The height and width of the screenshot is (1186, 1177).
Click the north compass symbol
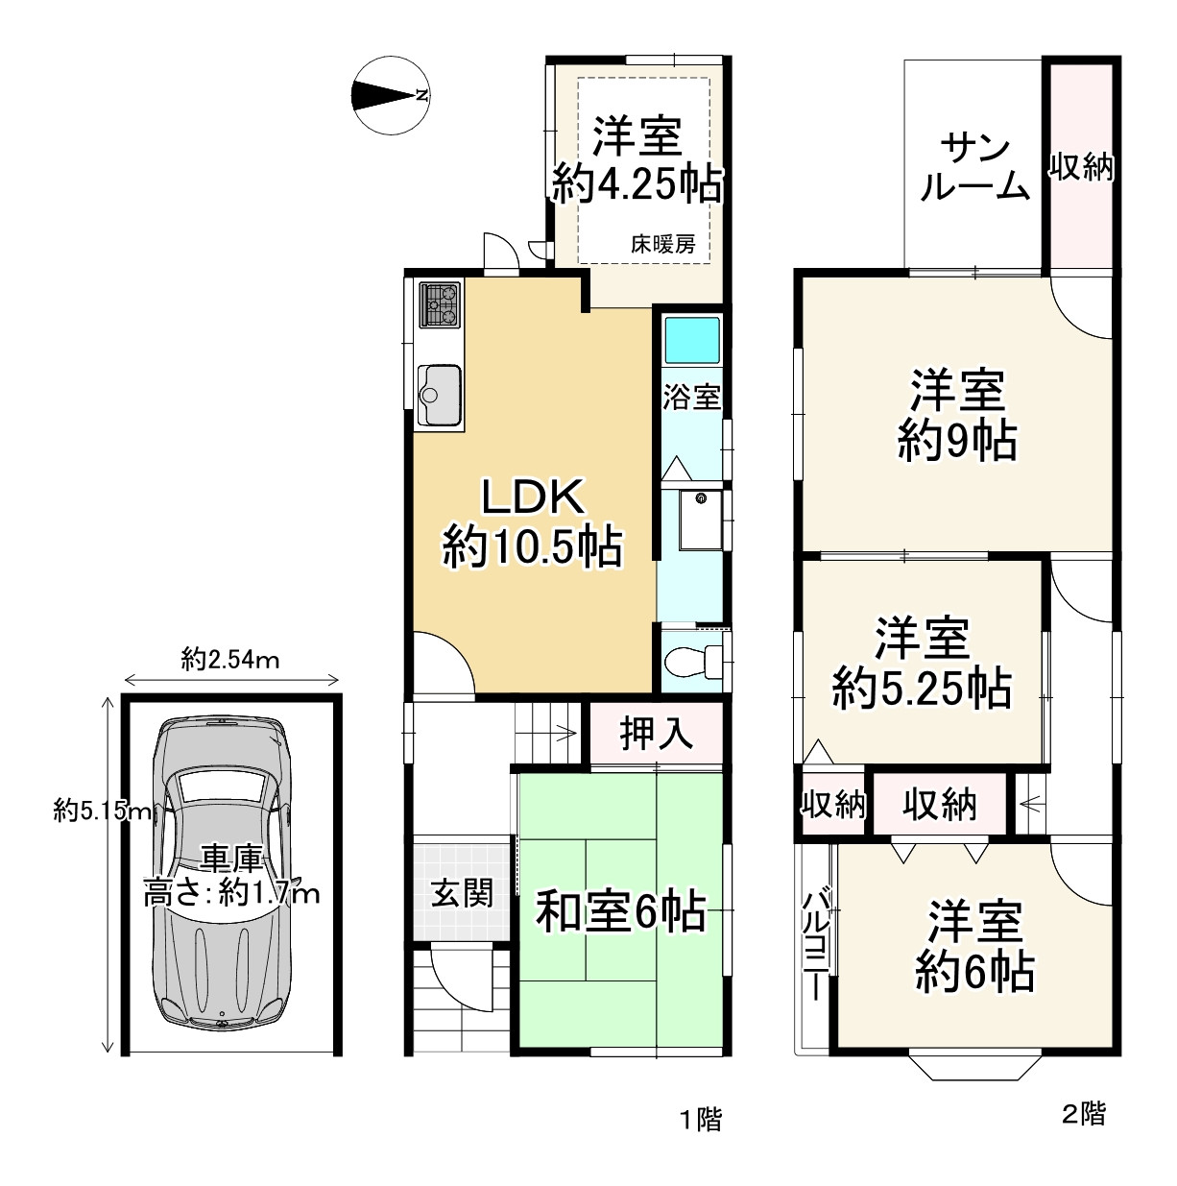pos(391,95)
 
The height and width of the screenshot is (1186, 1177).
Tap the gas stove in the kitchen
pos(439,304)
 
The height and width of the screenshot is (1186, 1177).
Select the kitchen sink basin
pos(439,395)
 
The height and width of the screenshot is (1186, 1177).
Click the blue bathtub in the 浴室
pos(692,340)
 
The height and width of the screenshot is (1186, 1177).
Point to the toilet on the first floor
pos(693,662)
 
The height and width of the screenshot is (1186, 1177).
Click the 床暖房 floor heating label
pos(662,244)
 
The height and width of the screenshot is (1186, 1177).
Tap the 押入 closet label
pos(656,734)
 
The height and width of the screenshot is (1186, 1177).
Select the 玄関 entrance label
pos(462,892)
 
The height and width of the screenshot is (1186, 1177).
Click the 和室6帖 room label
pos(620,911)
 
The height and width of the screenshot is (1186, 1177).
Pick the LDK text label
pos(532,497)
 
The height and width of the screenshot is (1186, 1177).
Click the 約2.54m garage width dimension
pos(229,660)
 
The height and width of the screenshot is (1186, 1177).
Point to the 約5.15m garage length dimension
pos(102,810)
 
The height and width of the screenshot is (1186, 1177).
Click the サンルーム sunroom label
pos(975,169)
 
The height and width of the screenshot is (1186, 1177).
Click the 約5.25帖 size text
pos(922,688)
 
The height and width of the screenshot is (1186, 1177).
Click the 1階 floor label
pos(701,1120)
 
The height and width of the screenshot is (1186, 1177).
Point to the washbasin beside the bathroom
pos(701,520)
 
